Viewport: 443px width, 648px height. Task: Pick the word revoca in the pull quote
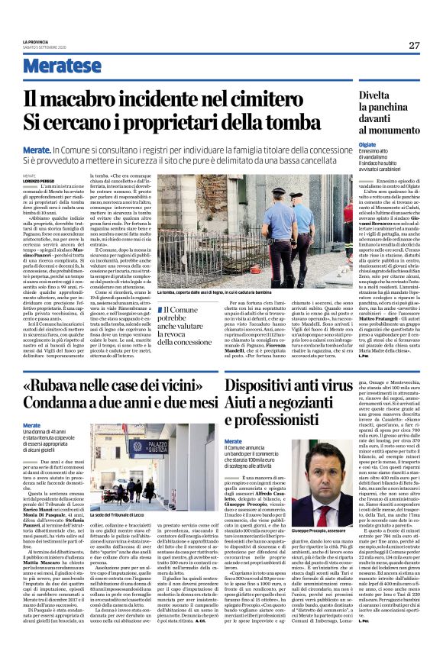tap(197, 334)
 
